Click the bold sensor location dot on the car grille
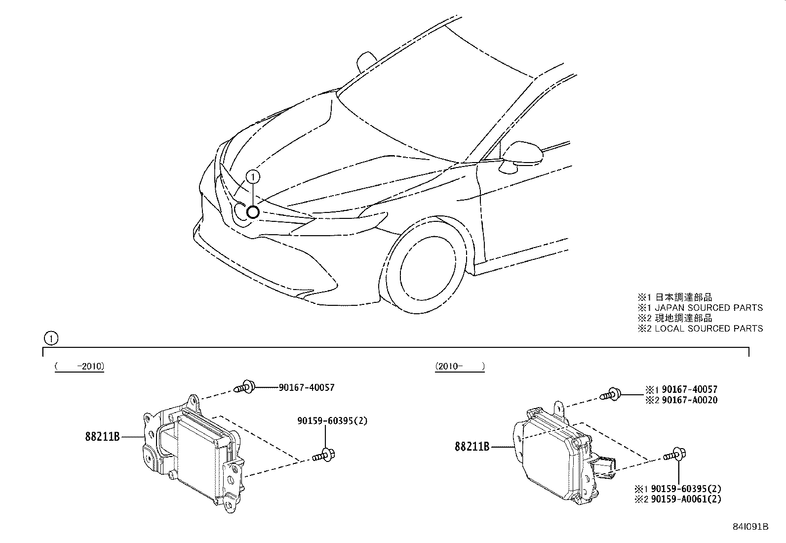(253, 212)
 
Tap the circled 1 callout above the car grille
(252, 176)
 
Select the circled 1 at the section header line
(50, 338)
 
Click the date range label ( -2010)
(79, 367)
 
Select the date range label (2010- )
(460, 367)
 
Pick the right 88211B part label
(472, 447)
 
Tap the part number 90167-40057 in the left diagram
(306, 387)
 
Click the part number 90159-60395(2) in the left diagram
(332, 421)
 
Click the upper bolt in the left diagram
(245, 386)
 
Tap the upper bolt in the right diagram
(611, 394)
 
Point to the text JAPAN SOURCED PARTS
(708, 308)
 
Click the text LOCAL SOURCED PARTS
(708, 329)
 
